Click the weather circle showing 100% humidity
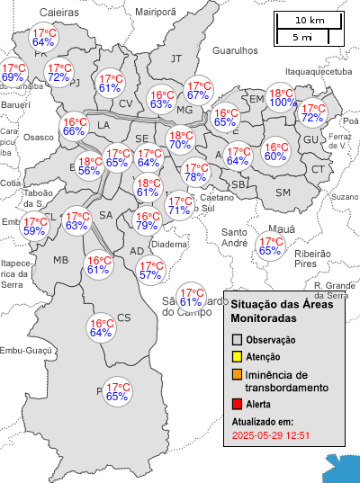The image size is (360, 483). (283, 98)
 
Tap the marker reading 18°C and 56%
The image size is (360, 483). (89, 165)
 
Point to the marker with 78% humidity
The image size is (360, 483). (195, 172)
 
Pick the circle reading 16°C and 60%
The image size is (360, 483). (275, 152)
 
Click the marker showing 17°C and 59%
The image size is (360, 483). (34, 226)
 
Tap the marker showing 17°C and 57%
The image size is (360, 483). (150, 270)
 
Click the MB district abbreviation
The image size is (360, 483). (61, 260)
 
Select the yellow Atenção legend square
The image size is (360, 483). (237, 356)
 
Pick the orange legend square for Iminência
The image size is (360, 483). (237, 374)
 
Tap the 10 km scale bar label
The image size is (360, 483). (310, 20)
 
